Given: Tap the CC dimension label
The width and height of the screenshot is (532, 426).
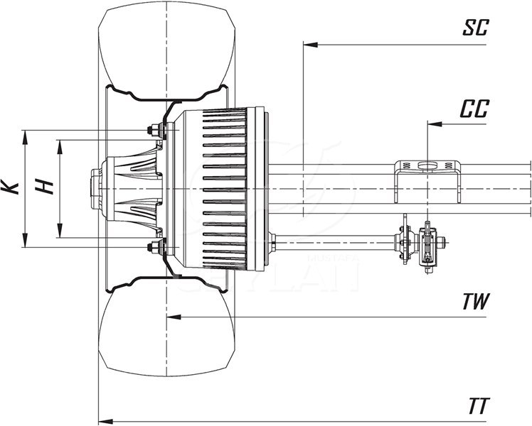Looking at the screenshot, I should pyautogui.click(x=474, y=109).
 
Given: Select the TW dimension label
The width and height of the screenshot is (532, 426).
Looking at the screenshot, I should pyautogui.click(x=475, y=301).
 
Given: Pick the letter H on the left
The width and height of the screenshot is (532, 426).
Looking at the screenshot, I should pyautogui.click(x=45, y=187).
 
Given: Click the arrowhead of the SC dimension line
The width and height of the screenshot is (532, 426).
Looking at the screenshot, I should pyautogui.click(x=309, y=44).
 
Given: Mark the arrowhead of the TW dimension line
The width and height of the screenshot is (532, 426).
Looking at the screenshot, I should pyautogui.click(x=171, y=317).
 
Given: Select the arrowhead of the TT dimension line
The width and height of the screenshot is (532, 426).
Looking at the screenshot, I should pyautogui.click(x=103, y=419).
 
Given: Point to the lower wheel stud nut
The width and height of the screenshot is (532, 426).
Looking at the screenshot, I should pyautogui.click(x=151, y=247).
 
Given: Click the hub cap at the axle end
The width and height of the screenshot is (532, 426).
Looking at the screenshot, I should pyautogui.click(x=95, y=188).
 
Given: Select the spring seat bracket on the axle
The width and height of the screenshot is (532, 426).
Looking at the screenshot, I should pyautogui.click(x=427, y=174).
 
